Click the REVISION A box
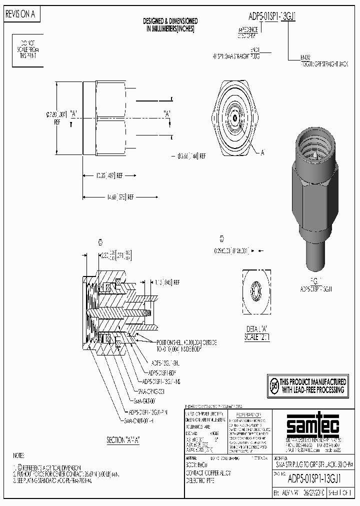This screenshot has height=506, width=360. pos(20,14)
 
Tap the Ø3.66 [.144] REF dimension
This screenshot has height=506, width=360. pos(192,156)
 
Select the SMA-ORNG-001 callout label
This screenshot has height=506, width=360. pos(150,391)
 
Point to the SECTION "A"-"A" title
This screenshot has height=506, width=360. pos(122,440)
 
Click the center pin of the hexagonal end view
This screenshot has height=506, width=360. pos(234,116)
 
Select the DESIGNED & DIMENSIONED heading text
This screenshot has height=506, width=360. pos(170,25)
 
